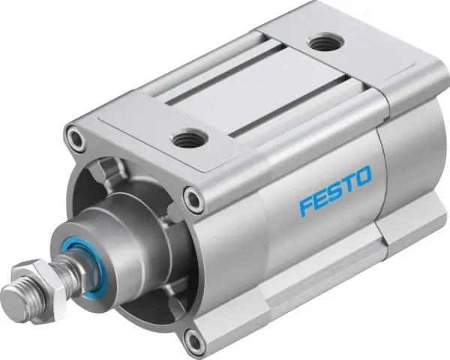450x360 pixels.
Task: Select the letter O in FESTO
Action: (362, 178)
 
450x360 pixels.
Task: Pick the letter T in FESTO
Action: (347, 183)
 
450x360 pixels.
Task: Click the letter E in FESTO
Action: (320, 196)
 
